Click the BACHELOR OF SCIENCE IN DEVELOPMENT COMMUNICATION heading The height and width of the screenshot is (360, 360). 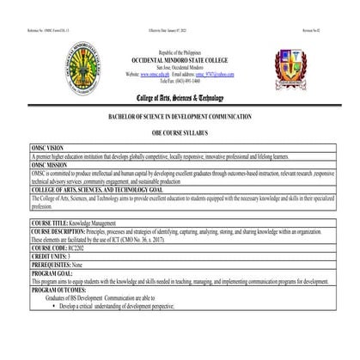[x=180, y=115]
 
